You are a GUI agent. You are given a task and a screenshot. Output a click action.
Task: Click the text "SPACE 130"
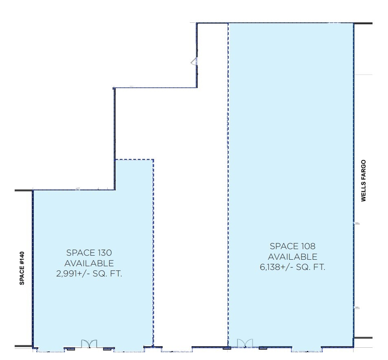pyautogui.click(x=89, y=253)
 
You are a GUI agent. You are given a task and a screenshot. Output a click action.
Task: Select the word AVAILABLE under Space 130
pyautogui.click(x=89, y=263)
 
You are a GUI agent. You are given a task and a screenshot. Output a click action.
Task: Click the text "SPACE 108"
pyautogui.click(x=293, y=247)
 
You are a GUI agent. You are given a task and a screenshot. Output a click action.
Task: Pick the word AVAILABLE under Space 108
pyautogui.click(x=293, y=257)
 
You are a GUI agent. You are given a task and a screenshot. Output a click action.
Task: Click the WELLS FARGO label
pyautogui.click(x=364, y=181)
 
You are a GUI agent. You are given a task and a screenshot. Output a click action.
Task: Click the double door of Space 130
pyautogui.click(x=88, y=344)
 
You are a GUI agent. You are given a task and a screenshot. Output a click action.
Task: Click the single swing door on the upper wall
pyautogui.click(x=195, y=62)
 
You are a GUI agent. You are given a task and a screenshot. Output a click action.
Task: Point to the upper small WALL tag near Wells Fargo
pyautogui.click(x=357, y=223)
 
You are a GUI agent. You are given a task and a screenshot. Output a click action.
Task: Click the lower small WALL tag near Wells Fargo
pyautogui.click(x=357, y=308)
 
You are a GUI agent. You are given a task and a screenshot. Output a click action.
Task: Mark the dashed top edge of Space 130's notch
pyautogui.click(x=134, y=159)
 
